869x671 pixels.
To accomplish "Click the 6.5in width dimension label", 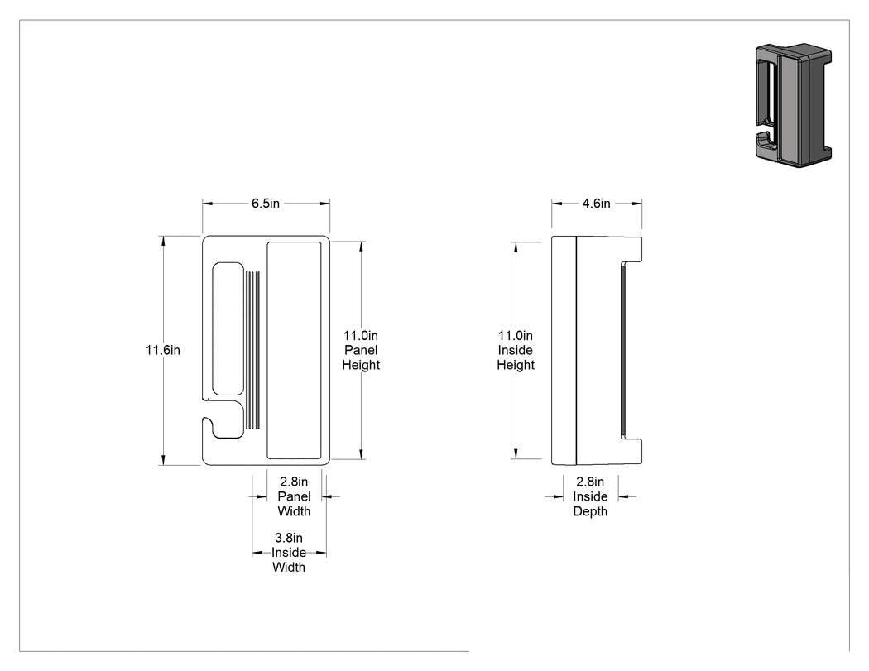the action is click(266, 204).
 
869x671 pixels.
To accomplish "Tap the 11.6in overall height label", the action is click(163, 350).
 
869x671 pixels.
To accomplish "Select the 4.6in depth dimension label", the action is click(597, 204).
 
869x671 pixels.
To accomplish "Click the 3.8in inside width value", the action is click(289, 538).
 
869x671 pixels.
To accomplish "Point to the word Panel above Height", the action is click(361, 350).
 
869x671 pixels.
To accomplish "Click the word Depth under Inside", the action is click(590, 511).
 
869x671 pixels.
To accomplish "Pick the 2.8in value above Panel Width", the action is click(294, 482).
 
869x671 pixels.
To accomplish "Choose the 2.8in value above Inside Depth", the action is click(590, 482).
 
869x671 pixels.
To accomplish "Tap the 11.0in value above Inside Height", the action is click(516, 335).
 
